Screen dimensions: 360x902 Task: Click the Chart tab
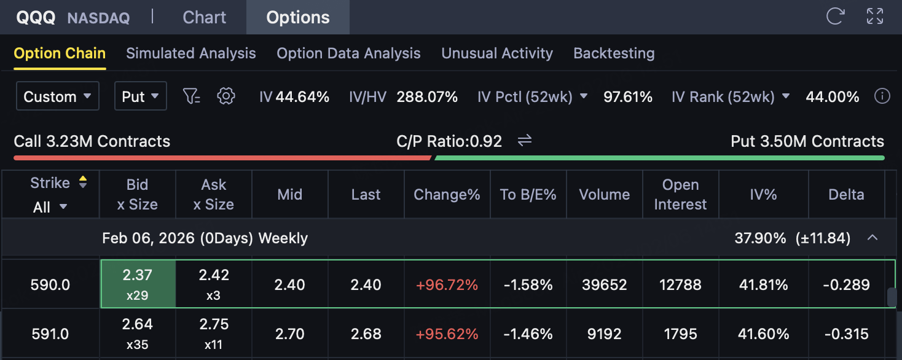click(x=205, y=17)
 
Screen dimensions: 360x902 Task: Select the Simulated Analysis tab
click(x=191, y=53)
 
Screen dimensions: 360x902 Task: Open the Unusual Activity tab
click(x=497, y=53)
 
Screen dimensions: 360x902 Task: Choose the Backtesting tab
click(x=614, y=53)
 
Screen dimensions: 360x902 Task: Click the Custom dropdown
click(x=57, y=96)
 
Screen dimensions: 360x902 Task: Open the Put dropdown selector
click(x=140, y=96)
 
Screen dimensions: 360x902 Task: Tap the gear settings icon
click(x=227, y=96)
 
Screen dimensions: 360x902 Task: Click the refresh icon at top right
click(x=834, y=17)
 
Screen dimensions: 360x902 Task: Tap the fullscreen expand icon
click(x=874, y=17)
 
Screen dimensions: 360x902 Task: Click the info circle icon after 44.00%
click(x=882, y=96)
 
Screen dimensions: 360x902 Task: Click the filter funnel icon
click(x=192, y=96)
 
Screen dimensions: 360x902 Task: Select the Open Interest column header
click(x=680, y=195)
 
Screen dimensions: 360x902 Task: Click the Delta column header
click(x=846, y=195)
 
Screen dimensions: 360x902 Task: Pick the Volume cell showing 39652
click(x=605, y=285)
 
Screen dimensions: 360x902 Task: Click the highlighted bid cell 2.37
click(x=138, y=284)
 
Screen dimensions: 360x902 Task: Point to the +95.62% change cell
click(x=447, y=334)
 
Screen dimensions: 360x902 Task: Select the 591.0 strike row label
click(x=50, y=334)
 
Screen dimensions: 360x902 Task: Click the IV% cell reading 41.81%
click(x=763, y=285)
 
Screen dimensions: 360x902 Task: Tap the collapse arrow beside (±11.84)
click(x=872, y=238)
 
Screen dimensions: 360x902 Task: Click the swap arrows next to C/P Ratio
click(x=524, y=141)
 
